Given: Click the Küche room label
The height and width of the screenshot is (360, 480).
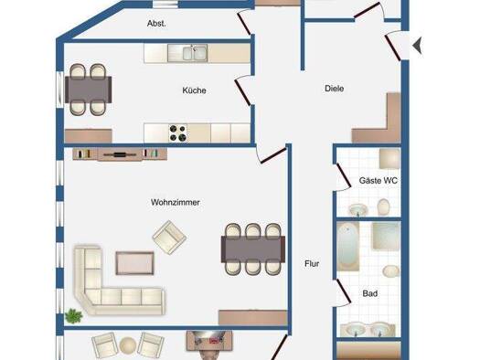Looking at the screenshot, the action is pyautogui.click(x=194, y=90).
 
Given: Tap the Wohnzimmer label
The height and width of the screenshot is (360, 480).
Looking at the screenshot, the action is pyautogui.click(x=176, y=203).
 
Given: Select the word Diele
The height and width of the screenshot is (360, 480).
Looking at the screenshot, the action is pyautogui.click(x=335, y=89).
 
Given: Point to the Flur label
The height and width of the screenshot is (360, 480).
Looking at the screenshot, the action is pyautogui.click(x=312, y=264).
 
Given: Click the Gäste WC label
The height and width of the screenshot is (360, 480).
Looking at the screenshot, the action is pyautogui.click(x=379, y=181).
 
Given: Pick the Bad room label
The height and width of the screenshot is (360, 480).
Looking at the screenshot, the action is pyautogui.click(x=369, y=293).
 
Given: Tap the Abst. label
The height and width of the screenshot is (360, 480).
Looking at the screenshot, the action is pyautogui.click(x=156, y=24).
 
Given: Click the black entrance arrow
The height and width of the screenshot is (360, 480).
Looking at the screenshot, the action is pyautogui.click(x=417, y=46).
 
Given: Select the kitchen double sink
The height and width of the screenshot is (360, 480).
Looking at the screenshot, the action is pyautogui.click(x=195, y=53).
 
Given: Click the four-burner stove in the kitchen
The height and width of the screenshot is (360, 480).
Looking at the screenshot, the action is pyautogui.click(x=178, y=133).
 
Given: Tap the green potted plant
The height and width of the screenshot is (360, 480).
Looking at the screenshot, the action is pyautogui.click(x=73, y=316).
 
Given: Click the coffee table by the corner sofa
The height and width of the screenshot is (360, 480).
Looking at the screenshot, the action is pyautogui.click(x=134, y=263).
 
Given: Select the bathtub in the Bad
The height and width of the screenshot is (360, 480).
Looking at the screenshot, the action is pyautogui.click(x=348, y=247).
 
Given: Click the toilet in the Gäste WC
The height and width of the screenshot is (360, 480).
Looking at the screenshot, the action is pyautogui.click(x=383, y=206).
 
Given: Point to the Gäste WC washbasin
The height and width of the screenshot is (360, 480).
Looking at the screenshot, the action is pyautogui.click(x=358, y=210).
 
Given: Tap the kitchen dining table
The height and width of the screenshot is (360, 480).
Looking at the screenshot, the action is pyautogui.click(x=88, y=90).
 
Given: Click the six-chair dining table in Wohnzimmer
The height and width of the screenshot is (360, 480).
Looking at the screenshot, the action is pyautogui.click(x=253, y=249).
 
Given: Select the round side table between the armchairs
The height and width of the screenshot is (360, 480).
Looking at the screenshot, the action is pyautogui.click(x=127, y=345).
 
